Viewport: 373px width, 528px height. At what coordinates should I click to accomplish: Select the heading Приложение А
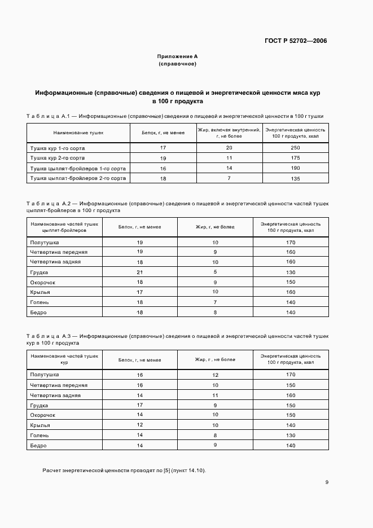pos(177,56)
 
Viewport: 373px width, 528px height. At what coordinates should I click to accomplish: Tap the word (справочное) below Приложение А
pos(177,64)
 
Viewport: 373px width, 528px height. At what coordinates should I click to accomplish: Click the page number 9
pos(327,482)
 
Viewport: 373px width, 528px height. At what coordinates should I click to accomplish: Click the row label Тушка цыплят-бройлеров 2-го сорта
pos(78,178)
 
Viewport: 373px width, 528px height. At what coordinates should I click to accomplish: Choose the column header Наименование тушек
pos(78,133)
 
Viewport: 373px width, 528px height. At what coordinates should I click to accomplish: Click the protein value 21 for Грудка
pos(139,272)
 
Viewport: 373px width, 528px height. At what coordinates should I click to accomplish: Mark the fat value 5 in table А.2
pos(215,272)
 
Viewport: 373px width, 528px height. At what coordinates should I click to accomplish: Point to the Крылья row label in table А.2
pos(40,292)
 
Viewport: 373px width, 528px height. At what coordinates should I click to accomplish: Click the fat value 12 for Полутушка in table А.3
pos(215,375)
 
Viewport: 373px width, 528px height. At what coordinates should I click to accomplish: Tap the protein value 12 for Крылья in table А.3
pos(139,425)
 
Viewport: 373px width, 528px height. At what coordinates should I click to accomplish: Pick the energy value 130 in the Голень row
pos(291,435)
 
